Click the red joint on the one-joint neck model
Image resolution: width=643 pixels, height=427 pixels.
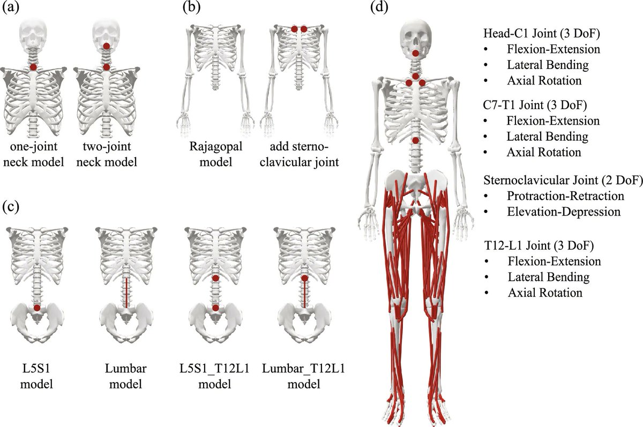pos(33,67)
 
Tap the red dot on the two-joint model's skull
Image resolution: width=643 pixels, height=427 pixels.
pos(107,47)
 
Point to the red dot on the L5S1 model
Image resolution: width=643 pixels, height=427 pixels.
pos(36,308)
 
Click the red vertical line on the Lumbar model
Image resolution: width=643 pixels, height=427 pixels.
pos(126,292)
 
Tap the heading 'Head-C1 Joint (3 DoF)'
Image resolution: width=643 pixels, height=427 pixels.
pos(541,34)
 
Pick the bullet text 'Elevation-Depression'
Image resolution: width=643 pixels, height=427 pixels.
pos(563,211)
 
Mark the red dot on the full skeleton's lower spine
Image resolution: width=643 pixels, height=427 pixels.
pos(416,140)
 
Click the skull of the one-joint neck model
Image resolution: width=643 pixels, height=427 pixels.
pos(33,32)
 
